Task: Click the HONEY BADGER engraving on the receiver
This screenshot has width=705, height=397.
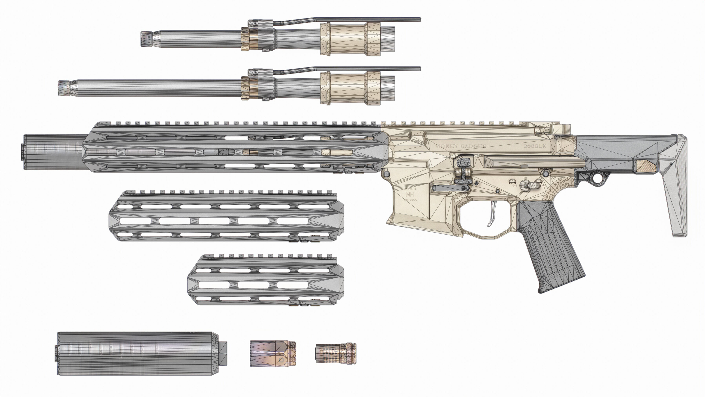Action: point(461,146)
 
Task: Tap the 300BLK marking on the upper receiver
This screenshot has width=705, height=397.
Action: point(535,146)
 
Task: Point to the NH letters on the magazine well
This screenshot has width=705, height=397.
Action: point(410,194)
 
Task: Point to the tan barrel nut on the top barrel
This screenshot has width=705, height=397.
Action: point(350,39)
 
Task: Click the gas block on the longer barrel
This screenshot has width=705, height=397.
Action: point(261,85)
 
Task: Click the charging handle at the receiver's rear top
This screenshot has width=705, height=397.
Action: point(560,129)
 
